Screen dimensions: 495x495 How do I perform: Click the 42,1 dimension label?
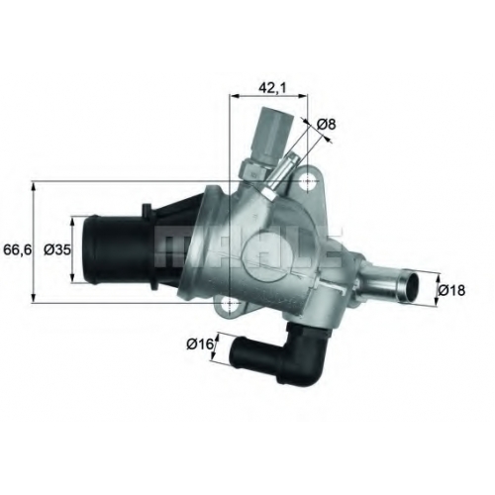point(272,87)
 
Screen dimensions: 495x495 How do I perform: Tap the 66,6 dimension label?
point(18,249)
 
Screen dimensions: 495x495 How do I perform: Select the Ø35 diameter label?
point(57,249)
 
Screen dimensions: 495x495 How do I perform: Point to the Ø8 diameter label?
point(326,125)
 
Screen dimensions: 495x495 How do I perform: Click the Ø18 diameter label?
point(451,290)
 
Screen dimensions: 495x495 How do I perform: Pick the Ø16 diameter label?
point(200,345)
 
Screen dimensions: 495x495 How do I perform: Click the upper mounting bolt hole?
point(308,181)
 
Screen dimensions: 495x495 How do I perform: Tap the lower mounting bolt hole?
point(229,303)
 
